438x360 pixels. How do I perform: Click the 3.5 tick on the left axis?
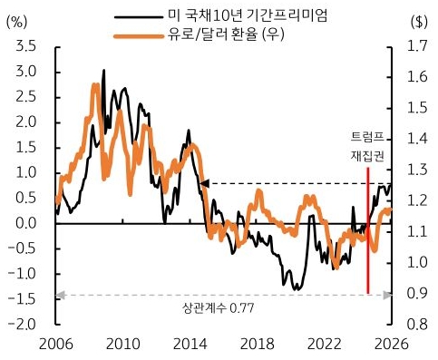[27, 46]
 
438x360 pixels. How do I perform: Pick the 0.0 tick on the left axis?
[27, 223]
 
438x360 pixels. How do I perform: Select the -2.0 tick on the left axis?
[24, 324]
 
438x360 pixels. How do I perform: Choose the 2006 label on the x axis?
[55, 344]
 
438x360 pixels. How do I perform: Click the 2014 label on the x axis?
[190, 344]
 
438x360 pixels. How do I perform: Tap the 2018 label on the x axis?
[257, 344]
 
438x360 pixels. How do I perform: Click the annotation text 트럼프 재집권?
[367, 146]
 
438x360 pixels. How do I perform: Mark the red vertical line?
[368, 236]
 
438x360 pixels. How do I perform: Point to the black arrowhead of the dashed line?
[204, 183]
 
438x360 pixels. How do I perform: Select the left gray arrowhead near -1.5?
[60, 294]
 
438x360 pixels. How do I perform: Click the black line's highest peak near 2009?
[103, 70]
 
